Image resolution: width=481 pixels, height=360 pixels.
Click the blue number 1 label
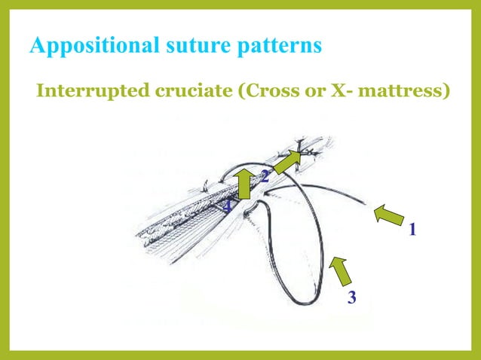click(x=412, y=229)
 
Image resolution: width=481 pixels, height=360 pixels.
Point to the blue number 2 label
click(x=265, y=178)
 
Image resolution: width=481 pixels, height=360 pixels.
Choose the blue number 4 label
click(x=228, y=206)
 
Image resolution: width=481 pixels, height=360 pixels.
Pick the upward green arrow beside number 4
click(x=244, y=184)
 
